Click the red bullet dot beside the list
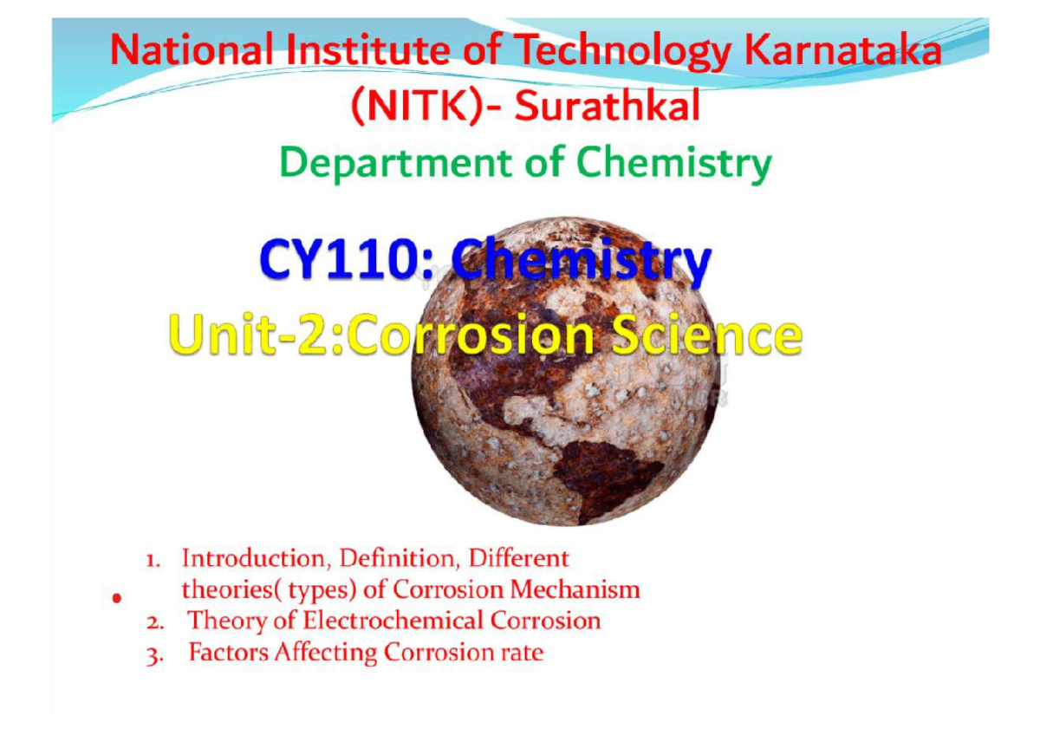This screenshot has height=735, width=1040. [x=114, y=598]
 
